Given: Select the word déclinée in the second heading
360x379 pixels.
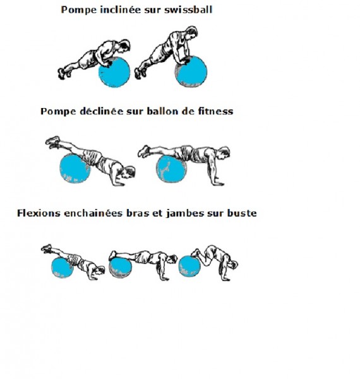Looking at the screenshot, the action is [x=101, y=111].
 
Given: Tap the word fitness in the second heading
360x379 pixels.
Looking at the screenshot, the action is [x=215, y=111].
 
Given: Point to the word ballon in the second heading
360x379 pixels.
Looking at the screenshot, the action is [x=162, y=111].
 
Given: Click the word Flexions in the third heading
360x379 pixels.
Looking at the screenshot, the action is [x=39, y=214].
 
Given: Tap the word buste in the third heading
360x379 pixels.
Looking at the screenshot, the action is [x=242, y=214].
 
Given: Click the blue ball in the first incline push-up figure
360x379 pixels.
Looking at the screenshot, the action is [x=114, y=72].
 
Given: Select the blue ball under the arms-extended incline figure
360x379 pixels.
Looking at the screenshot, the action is [x=191, y=71].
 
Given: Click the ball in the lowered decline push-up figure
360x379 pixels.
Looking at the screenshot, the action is [x=75, y=169].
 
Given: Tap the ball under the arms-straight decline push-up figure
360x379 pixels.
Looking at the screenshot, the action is [x=171, y=169].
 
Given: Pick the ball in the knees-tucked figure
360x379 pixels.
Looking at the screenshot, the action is [x=189, y=266].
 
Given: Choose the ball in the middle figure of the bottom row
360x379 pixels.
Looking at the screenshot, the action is [x=121, y=267].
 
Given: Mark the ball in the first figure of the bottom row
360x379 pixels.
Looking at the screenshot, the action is [x=63, y=268].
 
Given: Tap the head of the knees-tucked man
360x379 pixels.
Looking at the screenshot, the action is [x=233, y=265].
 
